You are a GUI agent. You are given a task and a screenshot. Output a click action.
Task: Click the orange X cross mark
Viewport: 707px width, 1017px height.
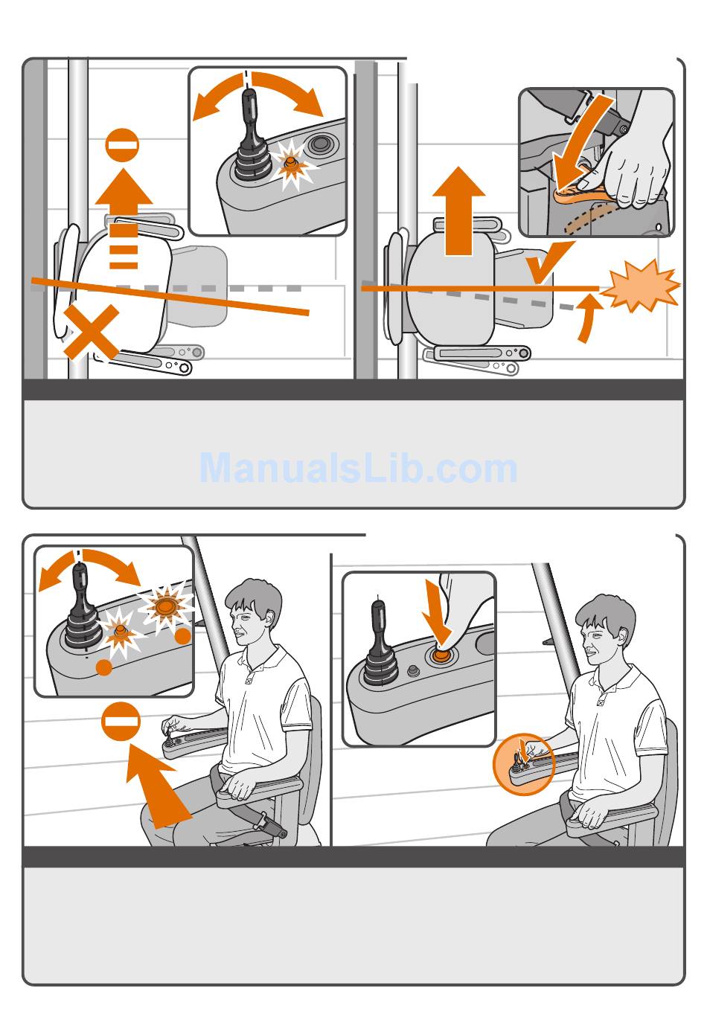[x=92, y=332]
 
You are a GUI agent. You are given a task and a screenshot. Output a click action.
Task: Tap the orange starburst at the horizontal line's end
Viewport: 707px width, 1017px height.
[x=641, y=285]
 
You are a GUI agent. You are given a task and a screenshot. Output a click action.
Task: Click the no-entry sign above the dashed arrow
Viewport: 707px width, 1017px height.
[x=122, y=145]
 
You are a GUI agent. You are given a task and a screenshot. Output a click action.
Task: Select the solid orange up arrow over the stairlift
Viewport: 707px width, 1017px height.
[x=458, y=211]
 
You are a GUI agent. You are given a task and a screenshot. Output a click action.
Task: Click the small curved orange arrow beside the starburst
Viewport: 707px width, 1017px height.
[x=589, y=318]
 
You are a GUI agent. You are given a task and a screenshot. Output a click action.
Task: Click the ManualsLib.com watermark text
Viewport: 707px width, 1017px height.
[x=358, y=468]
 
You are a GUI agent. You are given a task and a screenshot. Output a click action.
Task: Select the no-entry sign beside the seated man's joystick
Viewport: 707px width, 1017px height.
[x=121, y=722]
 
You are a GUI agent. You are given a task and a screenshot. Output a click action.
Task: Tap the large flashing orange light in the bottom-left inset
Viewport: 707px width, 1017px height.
[x=166, y=606]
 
